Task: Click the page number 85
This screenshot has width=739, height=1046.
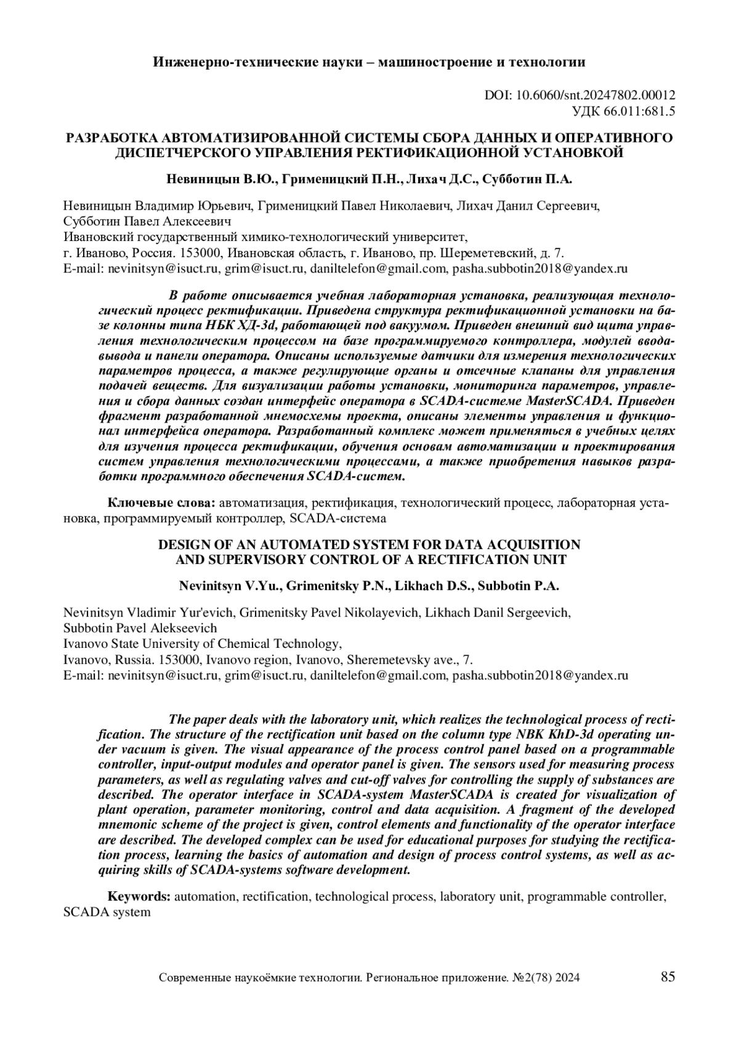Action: tap(668, 976)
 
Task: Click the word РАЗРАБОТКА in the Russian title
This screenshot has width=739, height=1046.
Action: tap(108, 137)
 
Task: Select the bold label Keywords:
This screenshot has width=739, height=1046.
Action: tap(139, 896)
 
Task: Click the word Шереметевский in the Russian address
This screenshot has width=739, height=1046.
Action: tap(478, 253)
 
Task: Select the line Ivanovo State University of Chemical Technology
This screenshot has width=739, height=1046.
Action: tap(203, 644)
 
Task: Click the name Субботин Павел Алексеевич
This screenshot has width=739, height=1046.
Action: tap(147, 221)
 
